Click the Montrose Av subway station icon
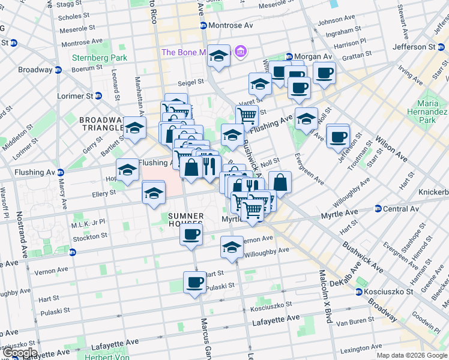coord(203,26)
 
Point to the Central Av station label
coord(400,209)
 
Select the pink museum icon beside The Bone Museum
coord(241,52)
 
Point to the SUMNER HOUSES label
coord(185,220)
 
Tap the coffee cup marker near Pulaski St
coord(194,282)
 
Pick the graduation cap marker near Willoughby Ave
coord(232,247)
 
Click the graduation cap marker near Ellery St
coord(154,193)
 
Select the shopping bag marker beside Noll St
coord(280,182)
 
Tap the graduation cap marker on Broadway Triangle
coord(134,128)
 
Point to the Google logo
coord(19,353)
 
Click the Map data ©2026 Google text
coord(412,355)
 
